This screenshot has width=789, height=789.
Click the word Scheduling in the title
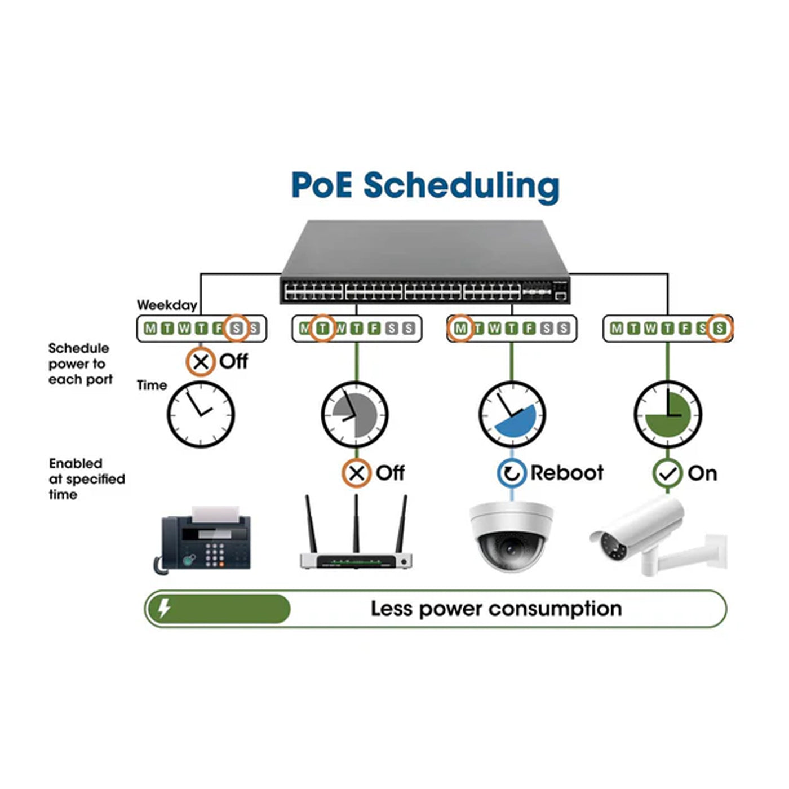tap(461, 186)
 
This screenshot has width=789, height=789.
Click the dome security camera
tap(511, 536)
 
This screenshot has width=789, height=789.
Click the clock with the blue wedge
tap(512, 415)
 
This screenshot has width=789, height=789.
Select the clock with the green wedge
tap(667, 415)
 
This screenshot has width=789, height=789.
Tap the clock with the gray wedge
tap(355, 415)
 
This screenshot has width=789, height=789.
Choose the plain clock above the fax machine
tap(201, 415)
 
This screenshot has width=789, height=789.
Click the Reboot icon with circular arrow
tap(511, 473)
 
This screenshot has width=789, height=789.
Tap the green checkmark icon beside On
tap(667, 473)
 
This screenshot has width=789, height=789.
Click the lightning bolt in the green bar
tap(164, 609)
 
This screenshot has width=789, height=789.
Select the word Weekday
tap(167, 305)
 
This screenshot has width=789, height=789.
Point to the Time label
tap(152, 385)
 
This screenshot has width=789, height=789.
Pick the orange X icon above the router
tap(356, 473)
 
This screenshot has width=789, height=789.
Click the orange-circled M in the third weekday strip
tap(461, 329)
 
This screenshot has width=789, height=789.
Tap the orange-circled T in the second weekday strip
tap(322, 329)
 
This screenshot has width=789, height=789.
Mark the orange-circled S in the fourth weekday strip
tap(719, 329)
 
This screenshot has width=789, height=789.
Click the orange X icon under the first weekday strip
tap(201, 362)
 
